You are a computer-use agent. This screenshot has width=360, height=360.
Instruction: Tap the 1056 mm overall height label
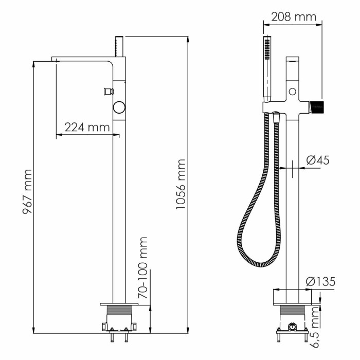(179, 185)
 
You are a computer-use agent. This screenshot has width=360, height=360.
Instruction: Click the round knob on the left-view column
(119, 107)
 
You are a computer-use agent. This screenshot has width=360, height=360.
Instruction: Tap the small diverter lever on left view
(108, 92)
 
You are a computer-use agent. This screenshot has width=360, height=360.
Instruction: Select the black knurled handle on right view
(317, 107)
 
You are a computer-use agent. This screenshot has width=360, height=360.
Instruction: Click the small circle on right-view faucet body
(292, 92)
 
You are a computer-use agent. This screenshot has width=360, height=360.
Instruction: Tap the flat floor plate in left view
(119, 304)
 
